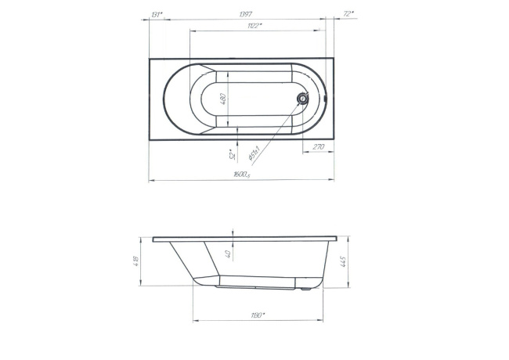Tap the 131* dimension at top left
point(157,14)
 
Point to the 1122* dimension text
point(253,27)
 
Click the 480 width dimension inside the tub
point(222,99)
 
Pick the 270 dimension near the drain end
point(319,146)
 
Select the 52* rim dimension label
point(232,153)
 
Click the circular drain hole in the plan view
point(302,99)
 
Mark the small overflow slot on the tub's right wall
point(326,99)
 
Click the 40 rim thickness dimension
point(228,253)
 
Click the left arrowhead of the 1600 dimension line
point(151,180)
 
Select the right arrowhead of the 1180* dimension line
point(320,319)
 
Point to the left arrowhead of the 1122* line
point(192,31)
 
